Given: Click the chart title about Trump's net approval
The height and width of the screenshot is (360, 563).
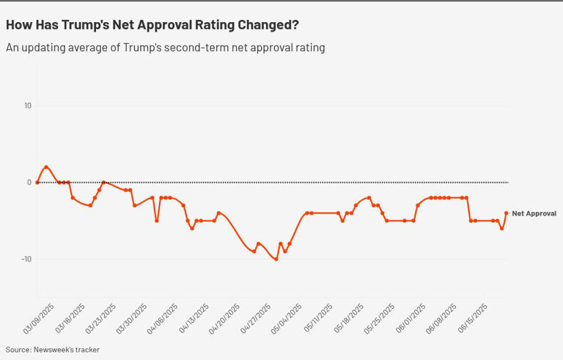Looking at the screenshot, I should tap(152, 25).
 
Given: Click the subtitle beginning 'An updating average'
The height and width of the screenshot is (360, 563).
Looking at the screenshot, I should tap(165, 48).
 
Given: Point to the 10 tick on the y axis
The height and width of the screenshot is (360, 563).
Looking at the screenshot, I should tap(28, 106).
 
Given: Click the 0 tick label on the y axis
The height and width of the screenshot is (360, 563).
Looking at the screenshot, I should tap(29, 183).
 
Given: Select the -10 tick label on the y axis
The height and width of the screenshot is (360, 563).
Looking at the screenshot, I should tap(26, 259).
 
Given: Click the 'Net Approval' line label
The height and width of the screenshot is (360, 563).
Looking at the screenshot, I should tap(534, 213).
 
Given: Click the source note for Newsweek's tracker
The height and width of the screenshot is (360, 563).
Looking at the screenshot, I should tap(53, 350).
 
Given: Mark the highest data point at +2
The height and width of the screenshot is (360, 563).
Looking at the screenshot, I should tap(46, 167).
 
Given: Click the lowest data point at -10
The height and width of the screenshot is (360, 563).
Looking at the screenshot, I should tap(276, 259).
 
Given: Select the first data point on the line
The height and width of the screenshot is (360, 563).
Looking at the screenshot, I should tap(37, 183).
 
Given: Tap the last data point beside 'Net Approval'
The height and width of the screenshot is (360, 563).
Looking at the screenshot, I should tap(507, 213).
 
